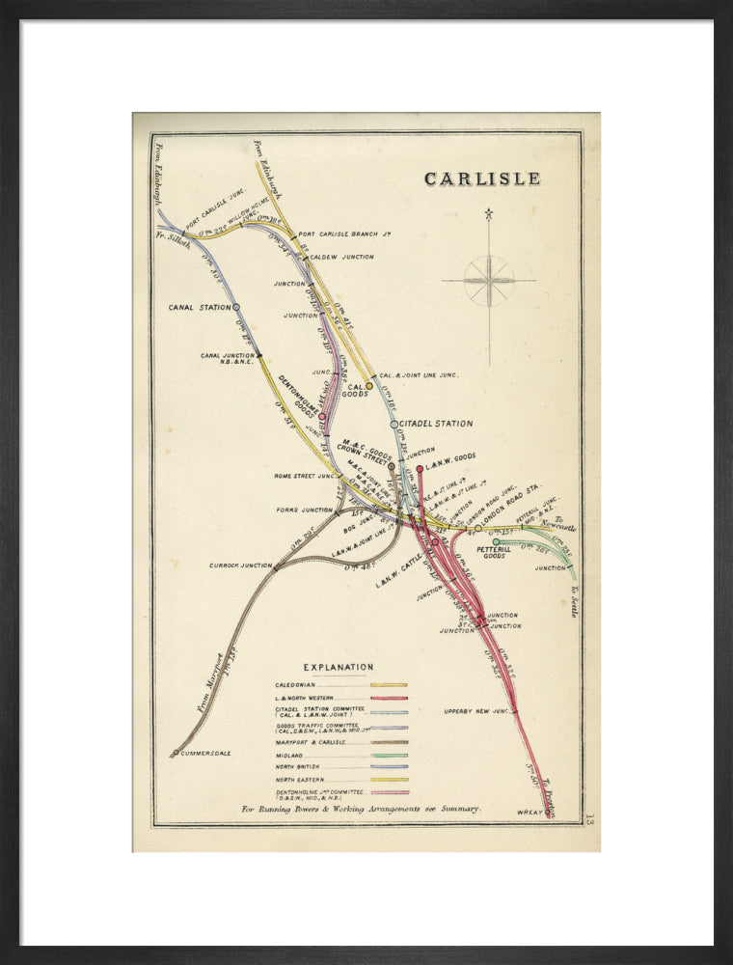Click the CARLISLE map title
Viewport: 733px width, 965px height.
[482, 179]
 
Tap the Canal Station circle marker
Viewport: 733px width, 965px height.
[236, 307]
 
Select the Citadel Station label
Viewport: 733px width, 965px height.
[436, 424]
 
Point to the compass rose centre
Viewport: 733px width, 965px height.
[489, 281]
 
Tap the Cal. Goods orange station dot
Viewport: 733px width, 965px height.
[368, 386]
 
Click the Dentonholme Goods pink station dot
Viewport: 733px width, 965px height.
[322, 418]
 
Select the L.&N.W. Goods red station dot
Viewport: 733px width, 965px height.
[420, 469]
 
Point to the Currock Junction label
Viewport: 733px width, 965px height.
[241, 565]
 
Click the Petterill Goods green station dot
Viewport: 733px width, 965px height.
[497, 542]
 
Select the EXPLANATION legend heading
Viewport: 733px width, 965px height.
[339, 667]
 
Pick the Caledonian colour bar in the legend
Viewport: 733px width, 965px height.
[389, 685]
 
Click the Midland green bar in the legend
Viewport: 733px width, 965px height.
[389, 756]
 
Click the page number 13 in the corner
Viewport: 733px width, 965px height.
[589, 819]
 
